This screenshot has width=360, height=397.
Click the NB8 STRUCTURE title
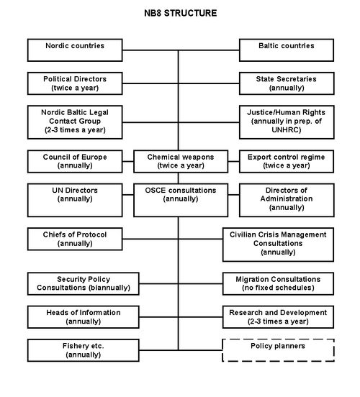pos(180,13)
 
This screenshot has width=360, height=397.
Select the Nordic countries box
pos(75,50)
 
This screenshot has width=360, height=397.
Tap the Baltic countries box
pos(287,50)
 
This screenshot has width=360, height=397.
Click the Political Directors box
pos(75,83)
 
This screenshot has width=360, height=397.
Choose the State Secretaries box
pos(287,83)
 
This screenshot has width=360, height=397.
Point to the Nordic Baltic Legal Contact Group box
pos(75,122)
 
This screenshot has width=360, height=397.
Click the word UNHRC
pos(287,130)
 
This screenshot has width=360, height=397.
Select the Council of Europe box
pos(75,161)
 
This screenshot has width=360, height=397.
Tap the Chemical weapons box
pos(181,161)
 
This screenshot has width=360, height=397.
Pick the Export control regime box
pos(287,161)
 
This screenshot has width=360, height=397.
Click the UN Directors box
pos(75,200)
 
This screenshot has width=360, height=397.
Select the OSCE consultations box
pos(181,200)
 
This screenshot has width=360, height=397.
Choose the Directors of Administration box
pos(287,200)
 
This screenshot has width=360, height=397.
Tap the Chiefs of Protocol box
pos(75,239)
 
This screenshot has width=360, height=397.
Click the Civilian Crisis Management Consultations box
pos(278,245)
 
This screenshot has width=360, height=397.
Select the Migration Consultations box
pos(278,283)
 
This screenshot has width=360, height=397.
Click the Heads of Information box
pos(84,317)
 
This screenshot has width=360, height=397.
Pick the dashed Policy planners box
pos(278,350)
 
